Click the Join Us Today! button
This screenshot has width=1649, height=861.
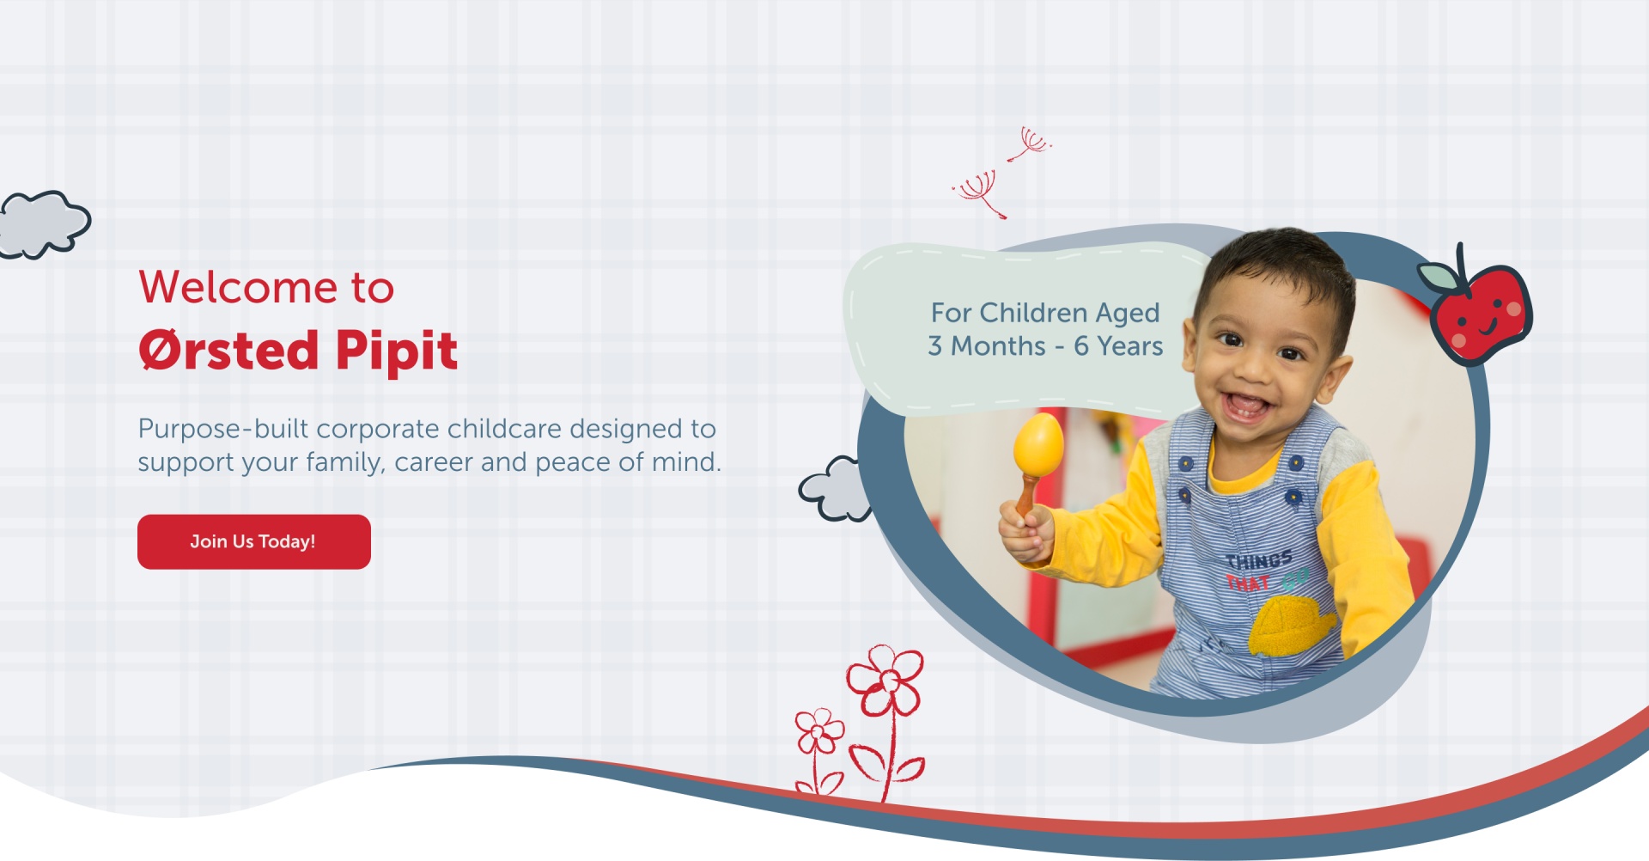(x=254, y=541)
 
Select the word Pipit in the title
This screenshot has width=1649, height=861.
(x=397, y=351)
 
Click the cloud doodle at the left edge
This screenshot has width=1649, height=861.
(x=43, y=224)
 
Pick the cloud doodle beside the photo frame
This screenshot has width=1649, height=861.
(x=835, y=489)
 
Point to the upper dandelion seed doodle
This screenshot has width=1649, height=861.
(x=1030, y=143)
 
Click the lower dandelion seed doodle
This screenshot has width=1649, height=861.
(x=980, y=193)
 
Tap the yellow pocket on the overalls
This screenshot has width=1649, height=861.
(x=1291, y=625)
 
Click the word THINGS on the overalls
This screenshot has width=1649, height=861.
(x=1259, y=561)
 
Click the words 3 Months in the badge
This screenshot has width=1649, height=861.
(x=987, y=345)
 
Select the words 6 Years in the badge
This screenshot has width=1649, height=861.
(x=1118, y=345)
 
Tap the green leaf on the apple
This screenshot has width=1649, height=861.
(x=1438, y=277)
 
